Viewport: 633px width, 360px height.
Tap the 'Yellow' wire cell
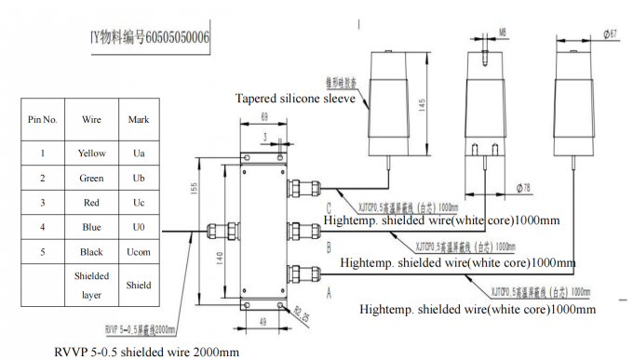[92, 153]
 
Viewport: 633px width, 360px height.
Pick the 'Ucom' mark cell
[138, 252]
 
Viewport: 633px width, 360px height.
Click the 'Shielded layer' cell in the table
[92, 286]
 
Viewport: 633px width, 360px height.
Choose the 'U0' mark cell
[138, 227]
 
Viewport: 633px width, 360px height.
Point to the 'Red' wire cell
[92, 203]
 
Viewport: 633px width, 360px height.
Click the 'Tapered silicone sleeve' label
[295, 98]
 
